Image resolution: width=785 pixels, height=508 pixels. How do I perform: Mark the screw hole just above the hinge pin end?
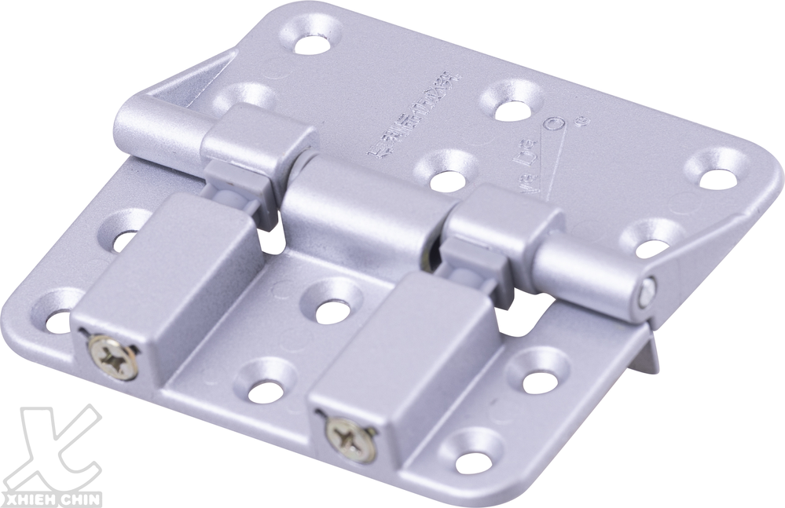click(651, 239)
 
